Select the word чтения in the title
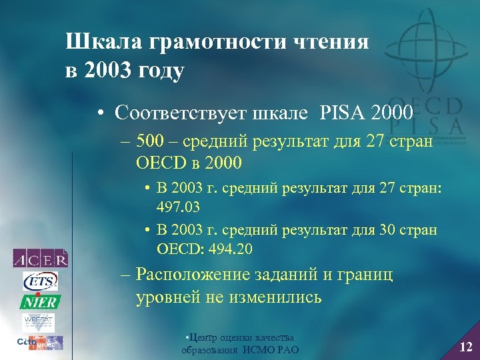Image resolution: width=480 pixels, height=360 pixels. tap(333, 42)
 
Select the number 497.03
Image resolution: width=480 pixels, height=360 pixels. tap(179, 207)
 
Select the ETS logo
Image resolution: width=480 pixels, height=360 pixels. tap(41, 281)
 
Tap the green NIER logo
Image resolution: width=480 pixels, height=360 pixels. tap(41, 301)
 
